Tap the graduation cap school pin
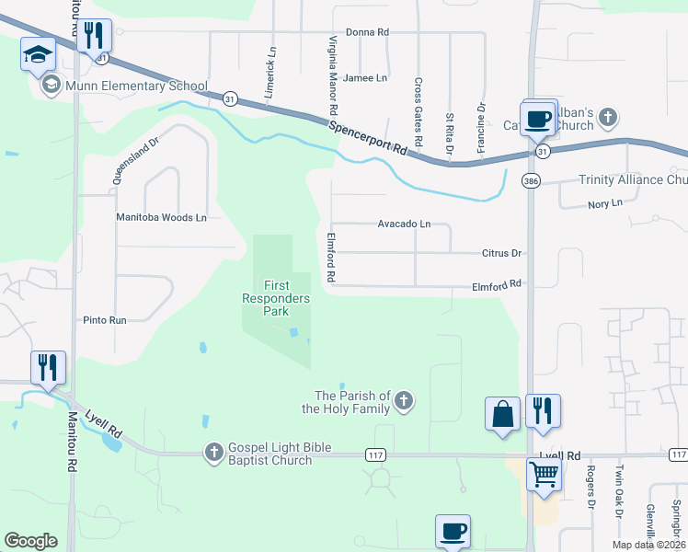tap(38, 55)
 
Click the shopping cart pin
tap(544, 475)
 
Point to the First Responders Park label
tap(276, 298)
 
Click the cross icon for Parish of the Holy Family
tap(404, 400)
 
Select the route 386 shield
tap(531, 180)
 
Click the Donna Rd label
tap(367, 32)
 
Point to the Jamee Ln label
tap(364, 78)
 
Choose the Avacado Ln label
tap(404, 224)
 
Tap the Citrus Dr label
tap(501, 253)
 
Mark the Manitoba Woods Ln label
tap(161, 218)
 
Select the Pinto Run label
tap(104, 320)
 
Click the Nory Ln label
tap(604, 202)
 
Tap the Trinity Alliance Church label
tap(633, 180)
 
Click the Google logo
tap(31, 541)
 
